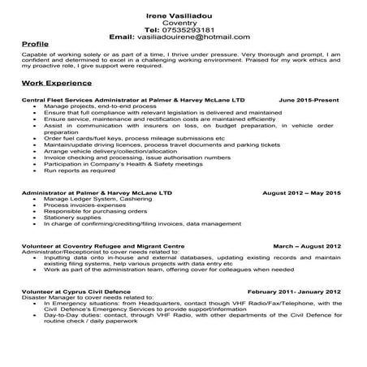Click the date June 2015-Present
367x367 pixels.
[x=309, y=99]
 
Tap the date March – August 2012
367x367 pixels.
[x=307, y=245]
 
